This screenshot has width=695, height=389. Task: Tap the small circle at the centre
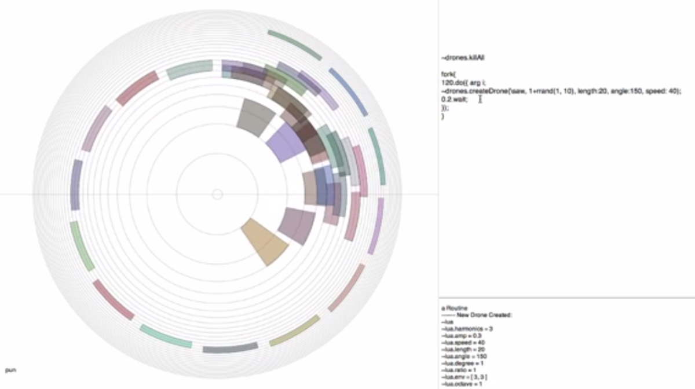coord(217,195)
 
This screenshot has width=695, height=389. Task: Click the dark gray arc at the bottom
coord(231,348)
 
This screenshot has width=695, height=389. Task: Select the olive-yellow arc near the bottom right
coord(295,331)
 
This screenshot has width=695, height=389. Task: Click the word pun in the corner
coord(9,369)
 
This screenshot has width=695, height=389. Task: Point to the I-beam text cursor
coord(480,99)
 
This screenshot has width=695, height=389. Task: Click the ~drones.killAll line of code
coord(462,58)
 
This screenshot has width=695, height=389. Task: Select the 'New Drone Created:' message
coord(484,315)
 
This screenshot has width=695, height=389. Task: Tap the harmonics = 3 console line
coord(467,329)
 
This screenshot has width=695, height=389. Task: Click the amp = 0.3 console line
coord(463,336)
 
